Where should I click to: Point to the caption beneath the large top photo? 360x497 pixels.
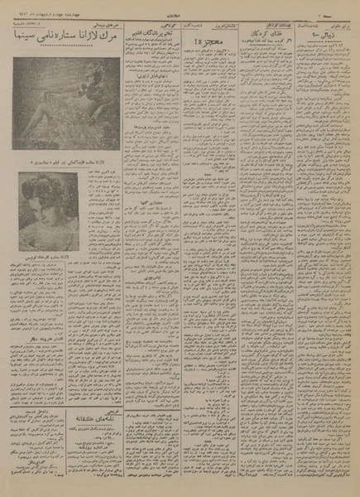[60, 157]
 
